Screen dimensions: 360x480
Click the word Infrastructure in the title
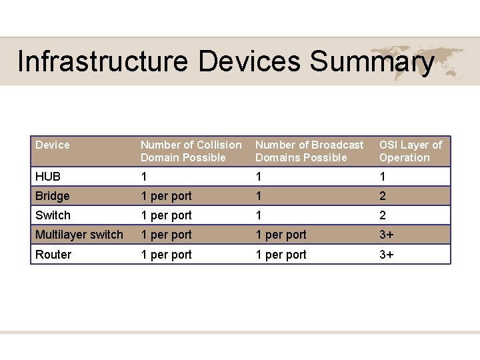click(104, 61)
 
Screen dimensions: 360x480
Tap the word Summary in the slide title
click(372, 61)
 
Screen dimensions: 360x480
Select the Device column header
click(53, 145)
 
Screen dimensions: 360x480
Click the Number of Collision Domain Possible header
click(191, 151)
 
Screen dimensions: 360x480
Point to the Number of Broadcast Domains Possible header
click(309, 151)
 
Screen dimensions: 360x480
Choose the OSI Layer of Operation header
click(411, 151)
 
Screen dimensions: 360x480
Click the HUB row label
click(48, 177)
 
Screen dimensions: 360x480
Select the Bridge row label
click(53, 196)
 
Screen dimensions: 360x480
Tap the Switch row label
click(53, 215)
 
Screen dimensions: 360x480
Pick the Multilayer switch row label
click(79, 235)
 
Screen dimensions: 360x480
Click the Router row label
click(53, 255)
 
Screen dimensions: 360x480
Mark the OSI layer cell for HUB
click(383, 177)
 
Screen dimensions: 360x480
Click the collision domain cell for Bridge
click(166, 196)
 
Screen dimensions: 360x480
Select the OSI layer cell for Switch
click(383, 215)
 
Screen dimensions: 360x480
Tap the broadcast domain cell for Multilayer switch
click(281, 235)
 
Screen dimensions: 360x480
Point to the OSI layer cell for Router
click(387, 255)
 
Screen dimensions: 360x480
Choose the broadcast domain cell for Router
click(281, 255)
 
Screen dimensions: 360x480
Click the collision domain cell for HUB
click(144, 177)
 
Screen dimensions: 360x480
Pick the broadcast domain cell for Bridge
click(259, 196)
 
